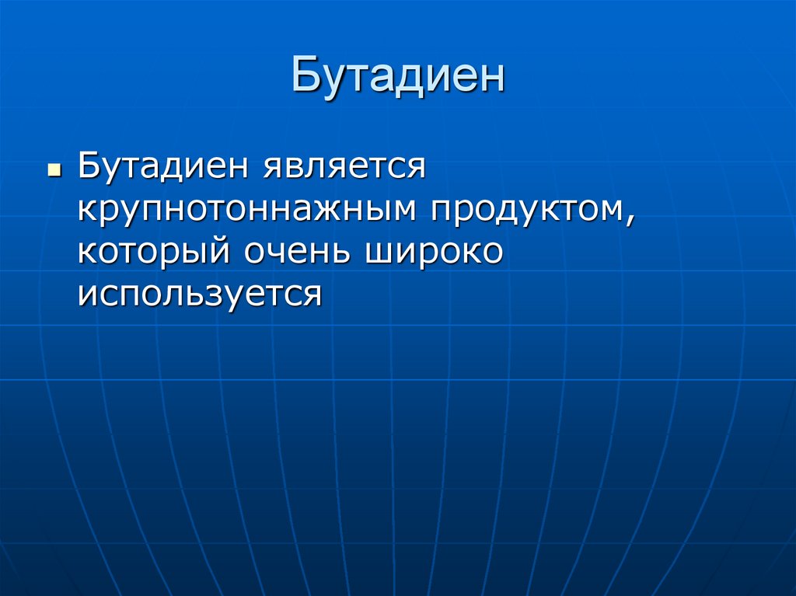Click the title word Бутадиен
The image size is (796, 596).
pyautogui.click(x=398, y=76)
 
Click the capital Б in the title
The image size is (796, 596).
pyautogui.click(x=305, y=76)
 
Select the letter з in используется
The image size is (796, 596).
pyautogui.click(x=215, y=296)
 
